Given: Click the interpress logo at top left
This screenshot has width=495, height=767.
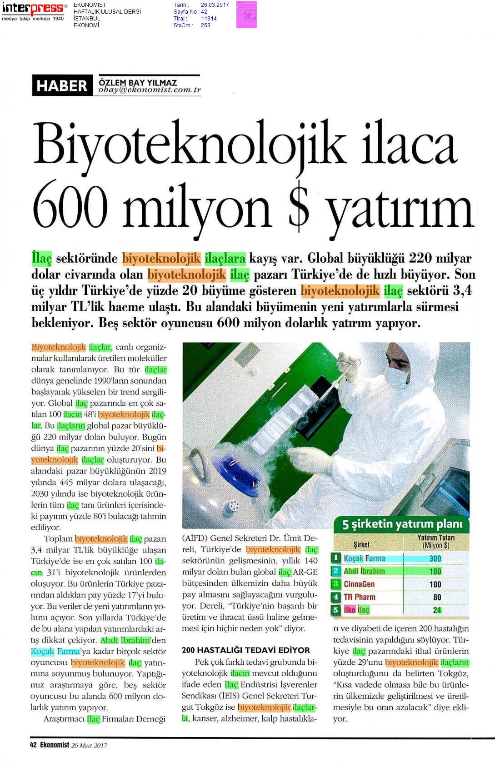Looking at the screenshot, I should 33,9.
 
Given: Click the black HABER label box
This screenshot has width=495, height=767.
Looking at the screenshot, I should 62,86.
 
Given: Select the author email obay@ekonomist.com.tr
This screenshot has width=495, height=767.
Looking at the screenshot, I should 149,90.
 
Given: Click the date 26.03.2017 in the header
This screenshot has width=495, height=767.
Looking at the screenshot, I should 215,5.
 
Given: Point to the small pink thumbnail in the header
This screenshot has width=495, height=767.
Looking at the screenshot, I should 246,15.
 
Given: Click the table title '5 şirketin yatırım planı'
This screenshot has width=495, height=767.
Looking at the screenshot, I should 402,524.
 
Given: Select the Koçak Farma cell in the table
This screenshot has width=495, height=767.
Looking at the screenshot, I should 365,558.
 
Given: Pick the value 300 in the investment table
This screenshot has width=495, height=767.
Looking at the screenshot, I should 435,558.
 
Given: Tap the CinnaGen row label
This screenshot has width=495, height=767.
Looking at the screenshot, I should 359,584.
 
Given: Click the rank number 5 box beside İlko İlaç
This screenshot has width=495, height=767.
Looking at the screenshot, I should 336,610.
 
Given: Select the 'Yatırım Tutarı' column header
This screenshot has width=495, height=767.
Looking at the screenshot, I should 436,541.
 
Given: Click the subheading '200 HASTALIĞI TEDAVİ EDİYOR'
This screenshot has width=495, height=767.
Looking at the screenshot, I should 245,650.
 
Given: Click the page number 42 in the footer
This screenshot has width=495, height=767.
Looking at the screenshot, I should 33,745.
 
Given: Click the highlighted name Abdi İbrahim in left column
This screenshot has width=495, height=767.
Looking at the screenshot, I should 125,640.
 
